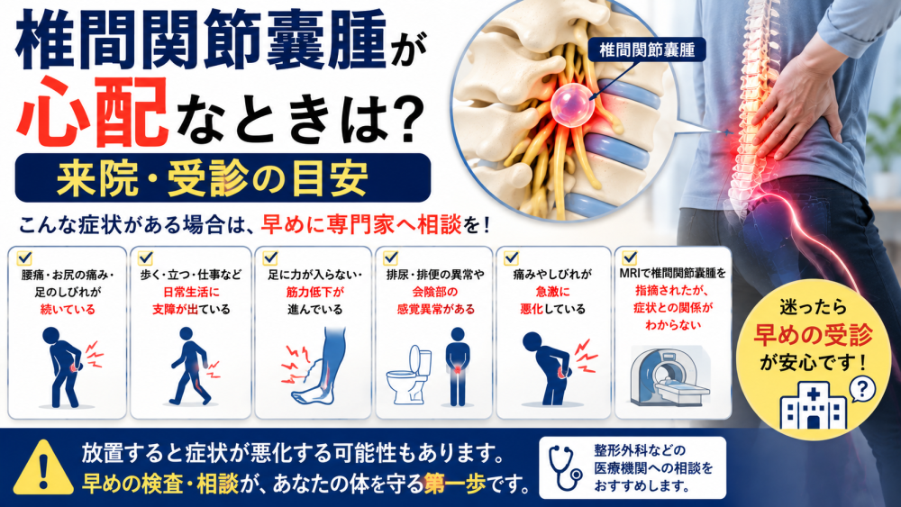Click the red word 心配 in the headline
[x=93, y=112]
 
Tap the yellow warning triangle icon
[x=43, y=468]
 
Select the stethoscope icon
[x=566, y=467]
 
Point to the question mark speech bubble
[x=861, y=390]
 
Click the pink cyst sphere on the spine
[x=572, y=104]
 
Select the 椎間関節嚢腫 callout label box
[x=646, y=50]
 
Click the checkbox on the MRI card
[x=630, y=257]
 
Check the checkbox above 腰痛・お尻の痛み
[x=24, y=258]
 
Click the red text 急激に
[x=553, y=292]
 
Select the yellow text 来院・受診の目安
[x=213, y=178]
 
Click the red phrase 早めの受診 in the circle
[x=813, y=335]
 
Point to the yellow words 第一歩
[x=454, y=484]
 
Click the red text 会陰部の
[x=434, y=292]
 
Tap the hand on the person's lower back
[x=794, y=106]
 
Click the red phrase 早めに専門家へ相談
[x=361, y=224]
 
